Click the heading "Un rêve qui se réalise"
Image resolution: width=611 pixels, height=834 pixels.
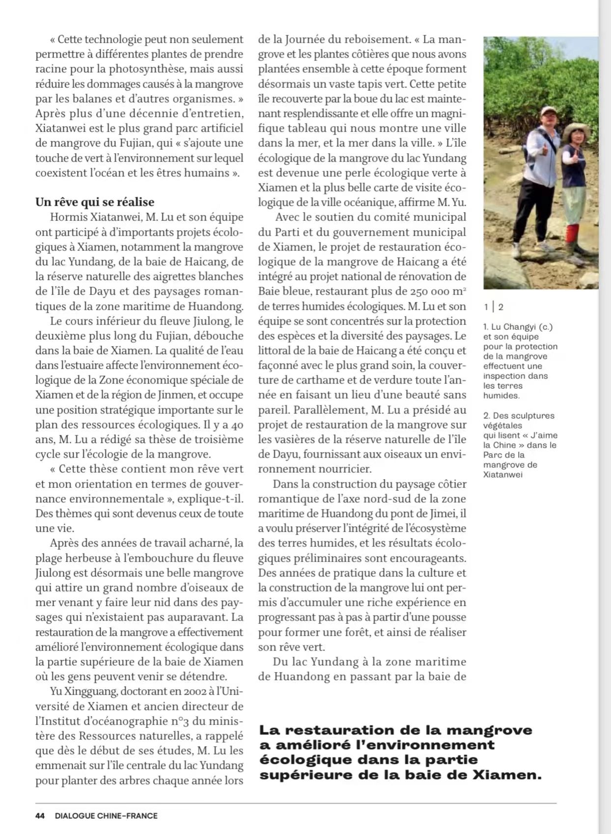(95, 202)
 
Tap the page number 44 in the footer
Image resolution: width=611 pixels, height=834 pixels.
(40, 816)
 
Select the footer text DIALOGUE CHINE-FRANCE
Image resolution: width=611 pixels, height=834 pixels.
(106, 816)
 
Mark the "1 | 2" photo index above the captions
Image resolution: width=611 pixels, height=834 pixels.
(494, 307)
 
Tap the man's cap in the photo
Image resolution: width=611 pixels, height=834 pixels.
(548, 111)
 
